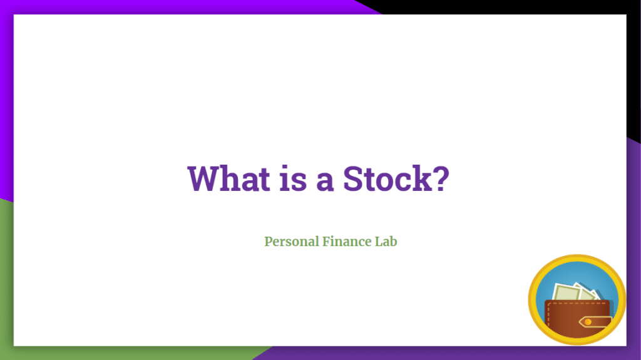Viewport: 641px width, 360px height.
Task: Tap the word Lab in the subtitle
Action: point(386,241)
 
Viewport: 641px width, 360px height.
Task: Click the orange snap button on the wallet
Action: point(588,322)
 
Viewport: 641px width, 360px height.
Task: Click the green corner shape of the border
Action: point(6,282)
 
